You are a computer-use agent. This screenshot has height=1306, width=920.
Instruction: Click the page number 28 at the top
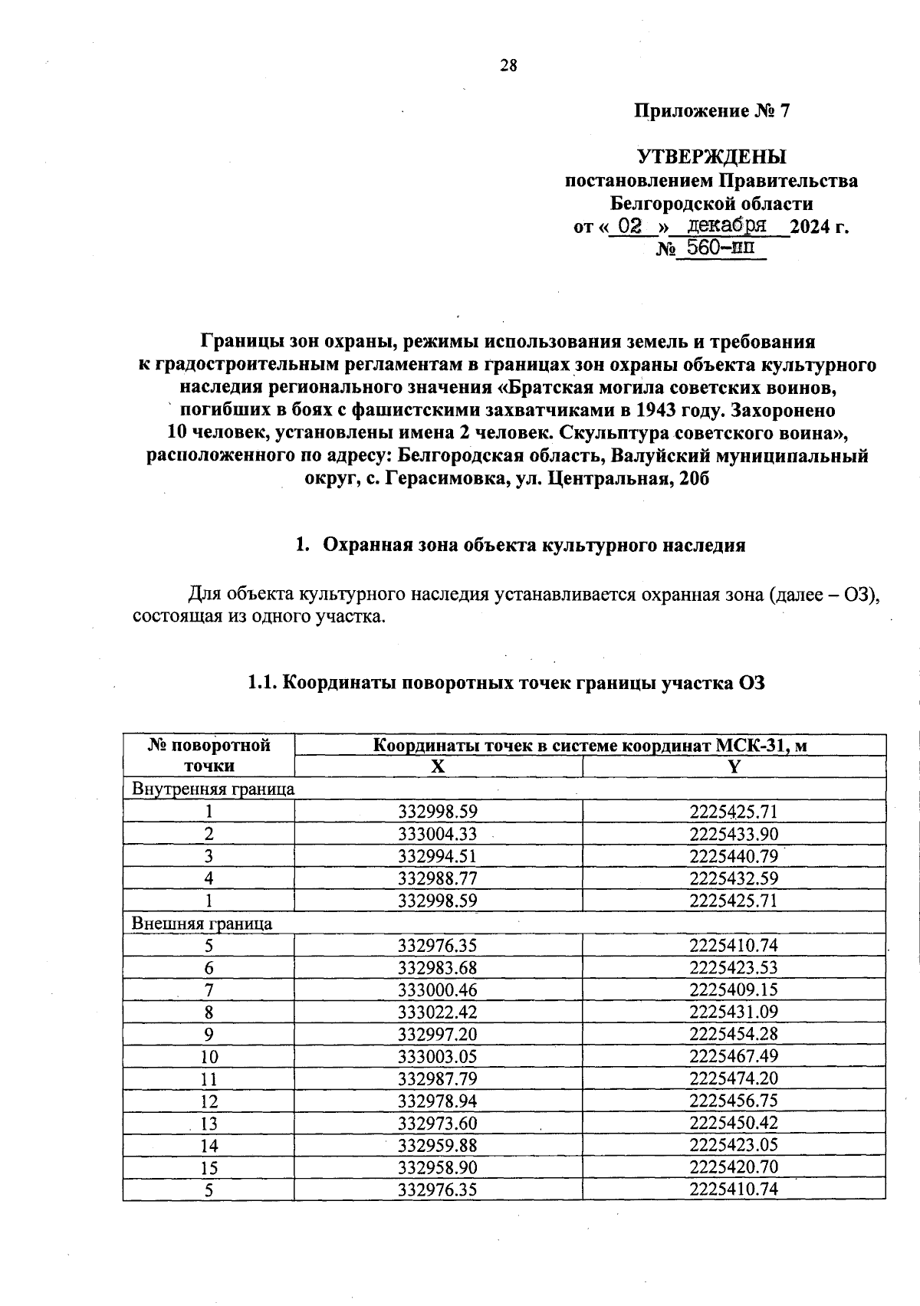[508, 66]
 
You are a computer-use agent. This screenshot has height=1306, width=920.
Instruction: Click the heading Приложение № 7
[711, 112]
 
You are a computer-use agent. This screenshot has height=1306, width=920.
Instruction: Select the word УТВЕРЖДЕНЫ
[712, 158]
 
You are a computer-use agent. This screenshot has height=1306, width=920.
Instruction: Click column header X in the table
[438, 766]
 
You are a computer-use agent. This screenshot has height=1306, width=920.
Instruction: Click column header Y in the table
[734, 766]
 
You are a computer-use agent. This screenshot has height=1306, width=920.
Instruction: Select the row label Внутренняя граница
[213, 789]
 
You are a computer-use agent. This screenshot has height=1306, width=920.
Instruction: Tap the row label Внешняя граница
[202, 924]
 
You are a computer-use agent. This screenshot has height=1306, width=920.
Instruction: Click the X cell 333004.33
[438, 834]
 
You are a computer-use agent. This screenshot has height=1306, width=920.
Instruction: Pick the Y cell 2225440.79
[734, 856]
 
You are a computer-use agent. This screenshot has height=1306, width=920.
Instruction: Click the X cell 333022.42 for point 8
[438, 1012]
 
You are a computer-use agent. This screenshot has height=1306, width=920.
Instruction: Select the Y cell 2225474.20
[734, 1079]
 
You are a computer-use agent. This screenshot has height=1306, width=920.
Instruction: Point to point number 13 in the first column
[209, 1124]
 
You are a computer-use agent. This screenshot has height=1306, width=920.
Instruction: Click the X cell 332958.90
[438, 1168]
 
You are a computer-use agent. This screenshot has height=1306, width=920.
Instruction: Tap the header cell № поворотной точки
[209, 755]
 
